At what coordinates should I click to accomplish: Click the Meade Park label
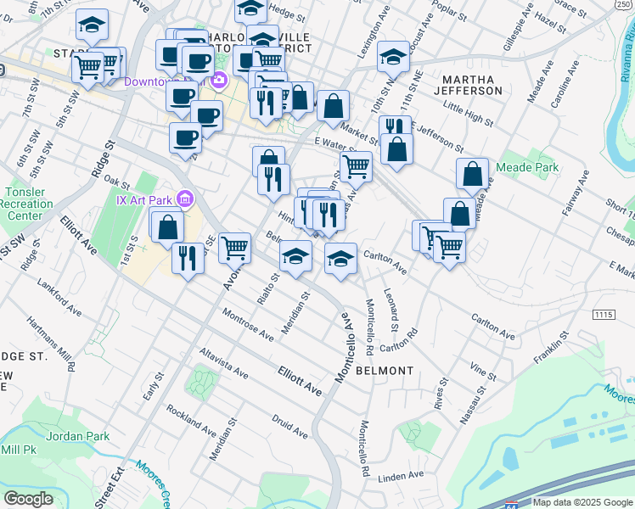[539, 168]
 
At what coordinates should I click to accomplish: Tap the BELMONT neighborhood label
[385, 371]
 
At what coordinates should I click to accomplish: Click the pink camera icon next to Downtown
[219, 81]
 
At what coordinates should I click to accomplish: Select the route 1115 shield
[604, 315]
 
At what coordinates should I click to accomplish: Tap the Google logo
[28, 499]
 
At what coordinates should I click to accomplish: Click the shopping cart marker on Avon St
[234, 249]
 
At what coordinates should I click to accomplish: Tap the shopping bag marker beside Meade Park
[472, 174]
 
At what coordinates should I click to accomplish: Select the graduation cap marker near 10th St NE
[393, 57]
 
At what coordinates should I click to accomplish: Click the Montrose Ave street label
[248, 324]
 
